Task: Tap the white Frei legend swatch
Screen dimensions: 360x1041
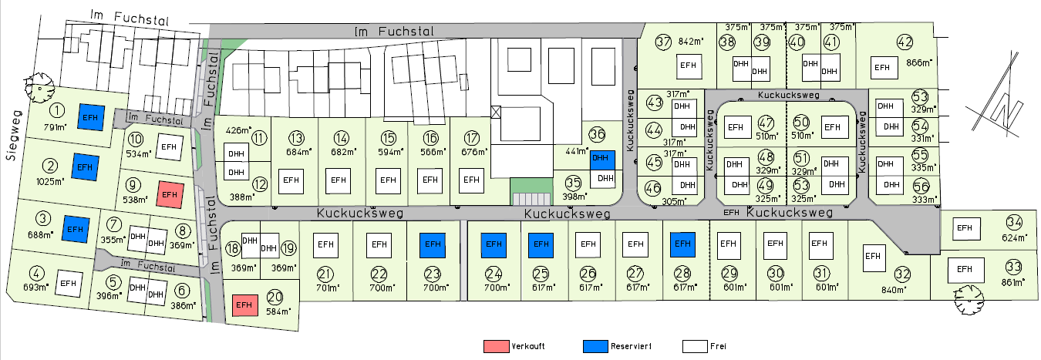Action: point(694,346)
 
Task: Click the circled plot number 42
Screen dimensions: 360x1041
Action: point(905,42)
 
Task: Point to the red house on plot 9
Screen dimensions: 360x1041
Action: point(170,194)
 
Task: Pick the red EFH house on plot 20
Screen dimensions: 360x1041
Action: point(244,305)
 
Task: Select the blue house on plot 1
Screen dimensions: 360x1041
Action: point(91,117)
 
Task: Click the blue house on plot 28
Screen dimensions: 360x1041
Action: point(682,244)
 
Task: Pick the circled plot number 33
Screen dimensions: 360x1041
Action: point(1013,267)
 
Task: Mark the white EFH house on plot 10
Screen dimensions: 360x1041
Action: point(169,144)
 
